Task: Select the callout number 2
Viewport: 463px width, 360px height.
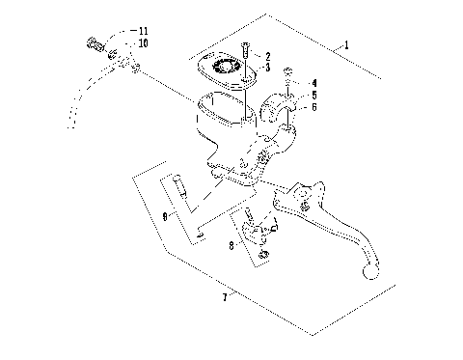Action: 267,57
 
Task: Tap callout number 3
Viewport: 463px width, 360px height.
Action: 267,68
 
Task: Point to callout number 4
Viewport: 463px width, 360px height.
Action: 313,85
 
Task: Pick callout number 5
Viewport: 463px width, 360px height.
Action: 313,97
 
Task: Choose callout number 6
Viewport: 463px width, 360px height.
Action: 313,108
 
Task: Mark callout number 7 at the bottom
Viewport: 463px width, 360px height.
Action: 225,297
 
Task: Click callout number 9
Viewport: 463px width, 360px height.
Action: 164,217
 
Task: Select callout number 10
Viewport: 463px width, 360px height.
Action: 143,44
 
